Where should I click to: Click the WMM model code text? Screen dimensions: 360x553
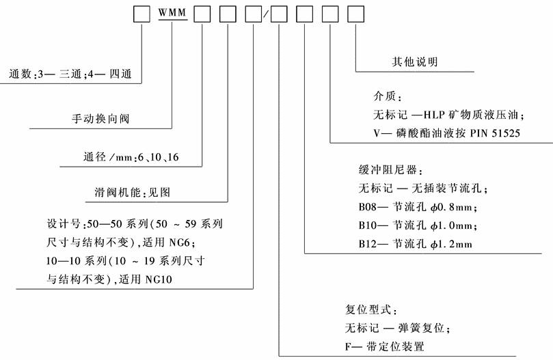(172, 14)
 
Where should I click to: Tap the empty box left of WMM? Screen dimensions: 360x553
(141, 14)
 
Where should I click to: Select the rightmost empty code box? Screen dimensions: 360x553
(356, 14)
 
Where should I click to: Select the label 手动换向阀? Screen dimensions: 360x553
(101, 119)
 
